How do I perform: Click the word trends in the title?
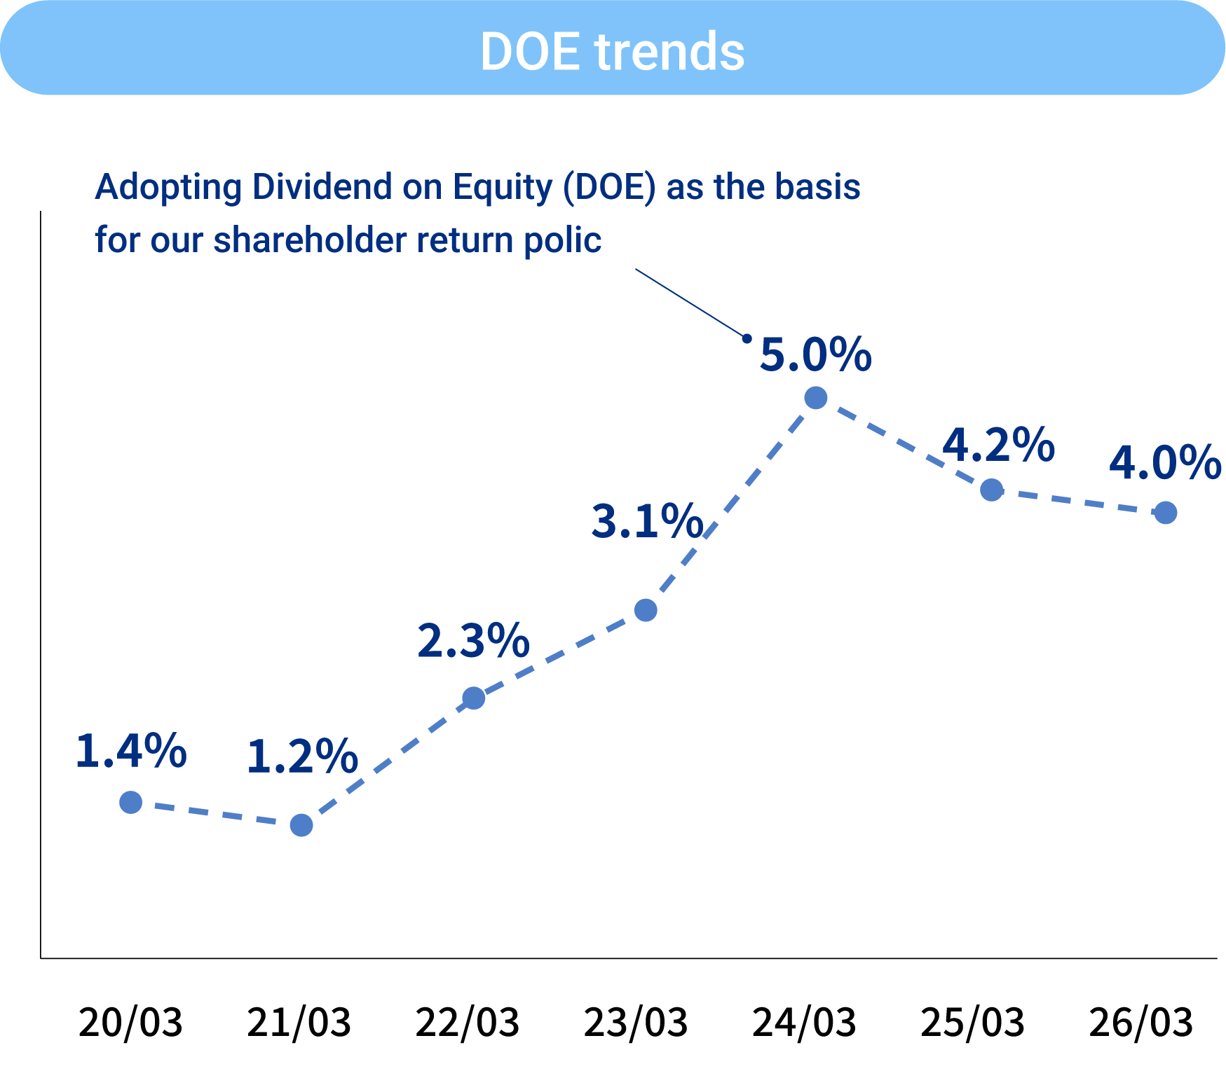tap(669, 51)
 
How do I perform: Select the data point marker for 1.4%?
tap(131, 802)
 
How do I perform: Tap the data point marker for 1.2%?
tap(301, 825)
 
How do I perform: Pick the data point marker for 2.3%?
tap(474, 698)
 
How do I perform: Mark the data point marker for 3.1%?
tap(646, 610)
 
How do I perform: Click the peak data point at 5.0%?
tap(816, 398)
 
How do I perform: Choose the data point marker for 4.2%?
tap(991, 490)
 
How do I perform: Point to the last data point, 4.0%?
tap(1165, 513)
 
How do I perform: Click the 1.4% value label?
tap(131, 752)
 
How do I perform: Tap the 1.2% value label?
tap(302, 757)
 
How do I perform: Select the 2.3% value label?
tap(473, 641)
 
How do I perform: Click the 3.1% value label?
tap(647, 522)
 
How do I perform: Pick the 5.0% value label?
tap(815, 354)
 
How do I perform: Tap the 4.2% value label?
tap(998, 445)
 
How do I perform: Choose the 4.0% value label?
tap(1165, 463)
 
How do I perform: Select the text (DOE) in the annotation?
tap(609, 188)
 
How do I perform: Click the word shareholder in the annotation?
tap(310, 240)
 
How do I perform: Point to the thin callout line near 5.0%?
tap(690, 303)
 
